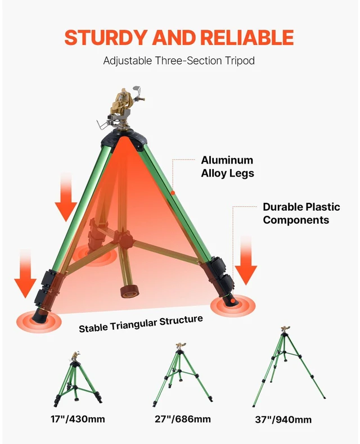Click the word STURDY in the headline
105,38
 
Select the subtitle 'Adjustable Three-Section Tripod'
179,61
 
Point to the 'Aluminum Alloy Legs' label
227,166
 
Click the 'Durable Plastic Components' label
301,213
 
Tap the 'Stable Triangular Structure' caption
141,324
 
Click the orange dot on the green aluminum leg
173,193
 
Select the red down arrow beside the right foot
246,261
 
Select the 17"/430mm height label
78,419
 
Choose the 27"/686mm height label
183,419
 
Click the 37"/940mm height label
283,420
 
